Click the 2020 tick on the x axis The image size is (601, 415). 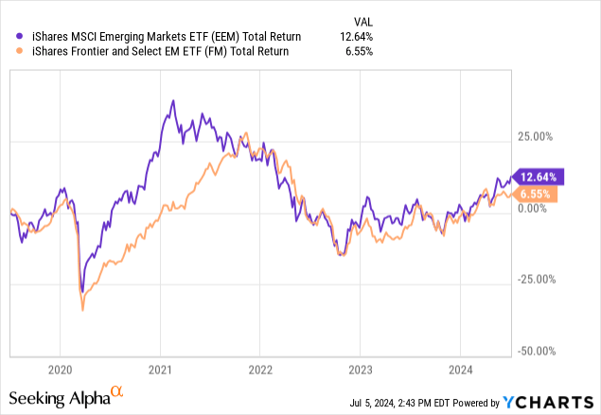click(59, 369)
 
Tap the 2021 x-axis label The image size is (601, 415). click(159, 369)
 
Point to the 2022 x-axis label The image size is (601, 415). click(259, 369)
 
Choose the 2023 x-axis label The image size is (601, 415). click(360, 369)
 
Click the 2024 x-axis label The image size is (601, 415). click(460, 369)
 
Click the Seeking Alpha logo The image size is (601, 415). click(66, 395)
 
